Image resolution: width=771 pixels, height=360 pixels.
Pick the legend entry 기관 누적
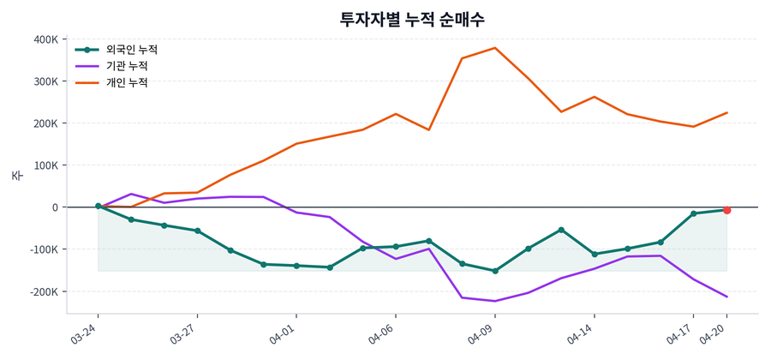126,66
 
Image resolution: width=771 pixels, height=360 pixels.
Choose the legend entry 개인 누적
126,83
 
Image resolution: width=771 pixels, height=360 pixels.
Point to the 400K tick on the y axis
46,39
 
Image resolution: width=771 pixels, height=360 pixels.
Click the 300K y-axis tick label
46,81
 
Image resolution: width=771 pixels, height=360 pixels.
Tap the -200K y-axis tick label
45,291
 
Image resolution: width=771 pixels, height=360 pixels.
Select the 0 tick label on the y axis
55,207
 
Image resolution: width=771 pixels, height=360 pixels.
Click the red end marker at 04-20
726,210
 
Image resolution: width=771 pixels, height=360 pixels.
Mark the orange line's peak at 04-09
495,48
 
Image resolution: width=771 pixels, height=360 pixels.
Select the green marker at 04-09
495,271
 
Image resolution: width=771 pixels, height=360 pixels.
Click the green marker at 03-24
99,207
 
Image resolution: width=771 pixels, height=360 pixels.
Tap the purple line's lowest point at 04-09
495,301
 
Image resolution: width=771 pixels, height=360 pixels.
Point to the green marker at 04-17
693,213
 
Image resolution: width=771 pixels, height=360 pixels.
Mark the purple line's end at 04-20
726,297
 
